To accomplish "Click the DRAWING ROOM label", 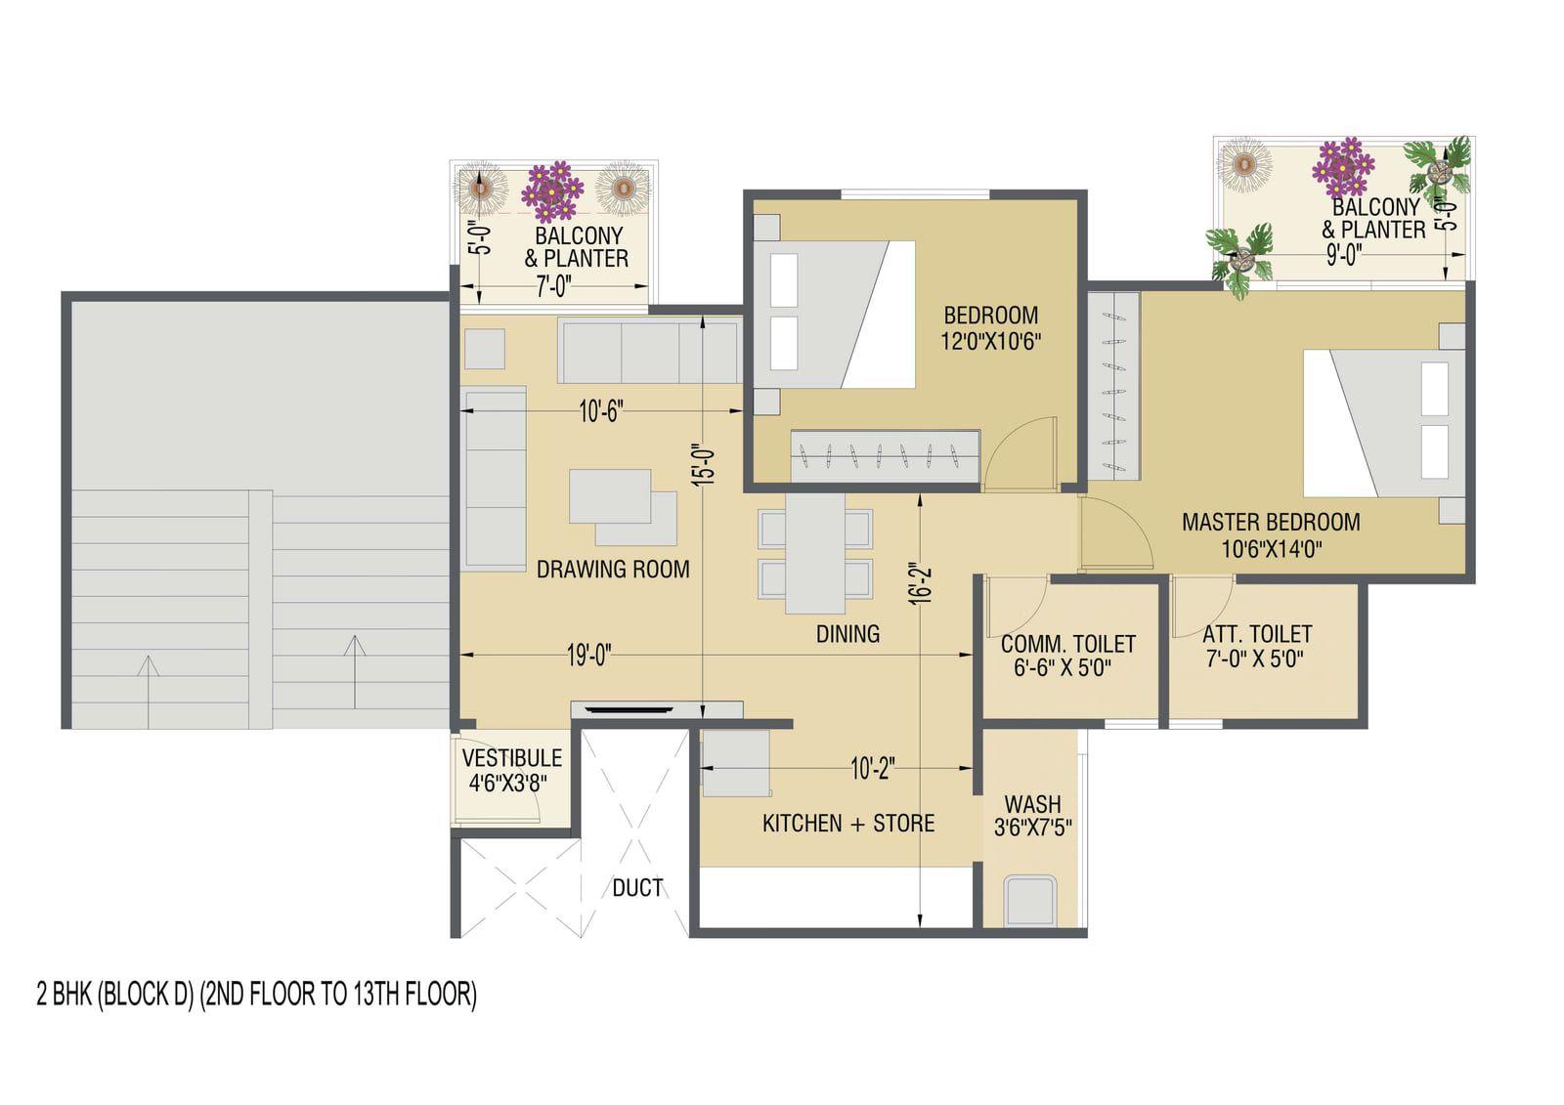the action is click(612, 570).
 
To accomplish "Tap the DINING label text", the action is click(847, 634).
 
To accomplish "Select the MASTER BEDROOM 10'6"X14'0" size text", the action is click(1272, 549).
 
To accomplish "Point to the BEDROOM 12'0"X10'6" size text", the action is click(991, 341).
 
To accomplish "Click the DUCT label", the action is click(637, 888).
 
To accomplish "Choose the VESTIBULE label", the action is click(512, 758).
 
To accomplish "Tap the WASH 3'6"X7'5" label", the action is click(1032, 815).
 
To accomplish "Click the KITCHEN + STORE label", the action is click(848, 824).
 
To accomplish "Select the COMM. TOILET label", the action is click(1067, 644).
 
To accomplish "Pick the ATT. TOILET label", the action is click(1257, 634).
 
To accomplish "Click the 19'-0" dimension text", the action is click(588, 656).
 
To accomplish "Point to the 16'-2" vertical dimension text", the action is click(922, 583).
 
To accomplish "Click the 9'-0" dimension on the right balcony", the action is click(1343, 255).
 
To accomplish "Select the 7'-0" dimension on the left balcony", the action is click(553, 286).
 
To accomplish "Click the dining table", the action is click(815, 554).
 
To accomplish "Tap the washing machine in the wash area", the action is click(1030, 901).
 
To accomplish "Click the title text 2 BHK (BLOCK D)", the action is click(114, 994).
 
